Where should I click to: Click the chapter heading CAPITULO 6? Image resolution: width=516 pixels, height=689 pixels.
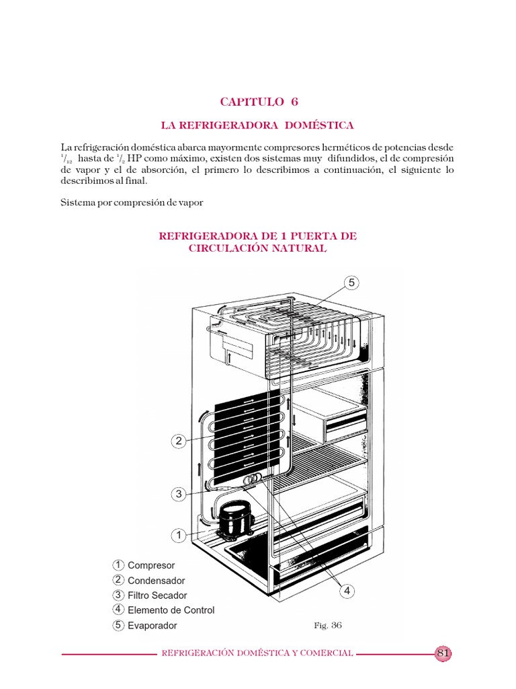click(259, 102)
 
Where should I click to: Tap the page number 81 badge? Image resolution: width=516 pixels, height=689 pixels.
click(443, 653)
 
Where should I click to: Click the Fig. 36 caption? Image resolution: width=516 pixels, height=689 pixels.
click(328, 625)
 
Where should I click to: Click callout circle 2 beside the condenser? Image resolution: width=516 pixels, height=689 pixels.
click(179, 441)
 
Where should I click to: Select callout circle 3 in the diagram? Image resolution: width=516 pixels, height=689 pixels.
click(179, 495)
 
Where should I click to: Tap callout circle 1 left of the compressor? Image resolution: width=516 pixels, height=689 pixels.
click(179, 536)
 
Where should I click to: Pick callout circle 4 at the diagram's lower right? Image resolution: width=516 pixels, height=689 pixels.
click(347, 591)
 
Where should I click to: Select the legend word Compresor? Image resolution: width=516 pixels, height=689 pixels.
click(151, 565)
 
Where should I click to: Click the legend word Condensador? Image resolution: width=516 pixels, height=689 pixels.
click(157, 581)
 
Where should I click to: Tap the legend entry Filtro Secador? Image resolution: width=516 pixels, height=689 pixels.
click(157, 595)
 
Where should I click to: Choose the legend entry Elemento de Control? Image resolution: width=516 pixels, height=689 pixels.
click(171, 610)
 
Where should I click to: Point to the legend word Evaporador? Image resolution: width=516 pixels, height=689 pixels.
click(153, 626)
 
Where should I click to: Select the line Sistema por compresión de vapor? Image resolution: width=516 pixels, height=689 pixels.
click(132, 202)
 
